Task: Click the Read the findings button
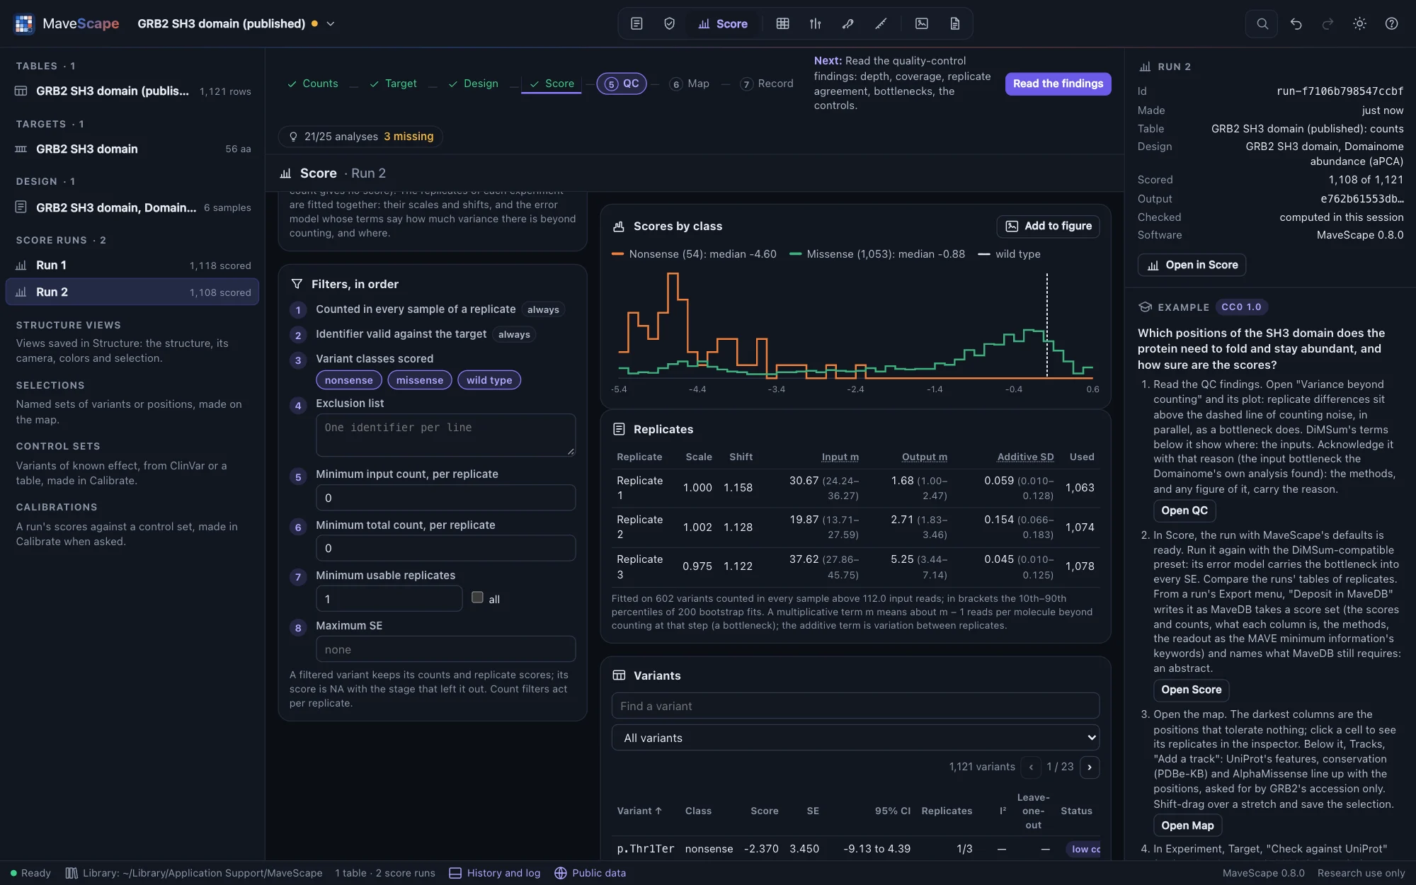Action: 1058,84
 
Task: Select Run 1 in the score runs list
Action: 132,265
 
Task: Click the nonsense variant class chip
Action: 349,380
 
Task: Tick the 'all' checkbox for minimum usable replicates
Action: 478,598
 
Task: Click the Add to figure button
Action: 1048,226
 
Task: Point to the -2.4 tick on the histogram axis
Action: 855,389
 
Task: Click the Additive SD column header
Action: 1025,457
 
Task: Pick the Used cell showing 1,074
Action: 1080,527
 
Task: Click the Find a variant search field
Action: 855,706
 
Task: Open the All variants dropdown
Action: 855,738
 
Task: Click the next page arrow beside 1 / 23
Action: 1090,767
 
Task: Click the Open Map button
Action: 1187,826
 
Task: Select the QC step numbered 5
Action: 622,84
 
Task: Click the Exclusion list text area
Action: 445,435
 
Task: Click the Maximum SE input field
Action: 445,649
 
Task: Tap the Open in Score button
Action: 1192,265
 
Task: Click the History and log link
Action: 495,873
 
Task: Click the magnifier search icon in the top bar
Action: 1262,24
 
